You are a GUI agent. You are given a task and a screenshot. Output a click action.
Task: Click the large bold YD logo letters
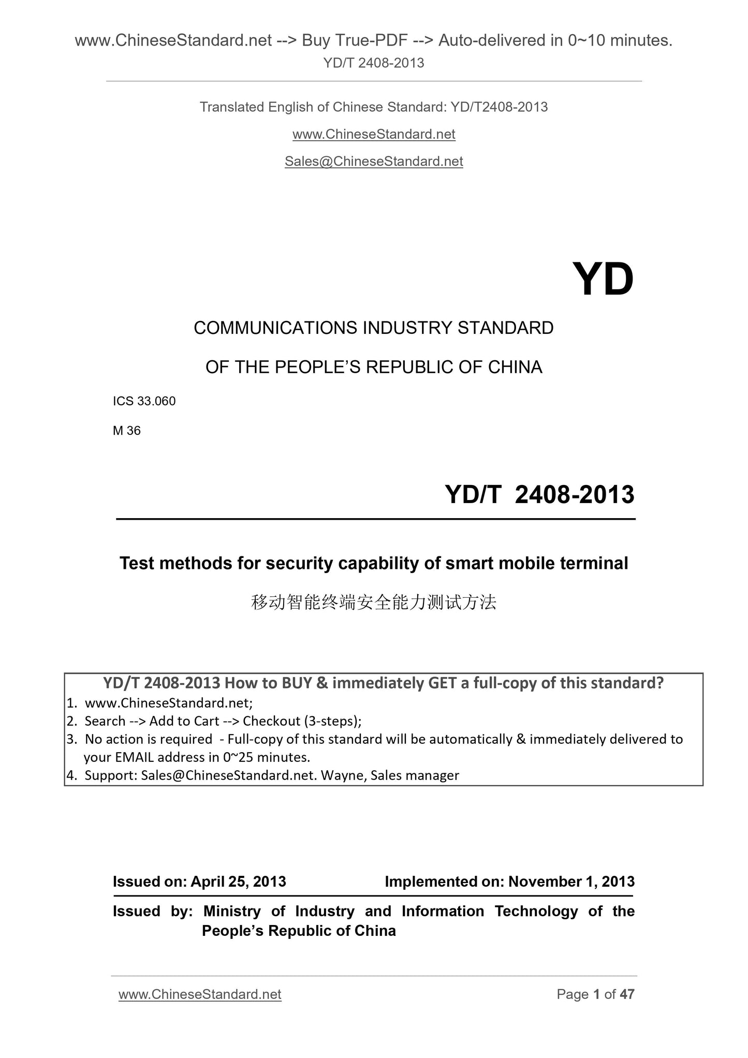coord(603,280)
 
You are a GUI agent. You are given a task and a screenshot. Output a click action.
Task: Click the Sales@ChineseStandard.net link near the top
coord(374,161)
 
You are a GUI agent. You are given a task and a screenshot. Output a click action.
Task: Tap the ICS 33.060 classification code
coord(144,401)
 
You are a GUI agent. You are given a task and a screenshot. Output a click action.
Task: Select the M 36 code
coord(127,431)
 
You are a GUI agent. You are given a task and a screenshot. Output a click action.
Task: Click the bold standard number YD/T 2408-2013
coord(539,494)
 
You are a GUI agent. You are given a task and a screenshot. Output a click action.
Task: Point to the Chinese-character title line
coord(374,602)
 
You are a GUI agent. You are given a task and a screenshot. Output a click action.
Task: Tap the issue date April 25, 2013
coord(238,881)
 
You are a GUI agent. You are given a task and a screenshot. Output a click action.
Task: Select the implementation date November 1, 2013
coord(571,881)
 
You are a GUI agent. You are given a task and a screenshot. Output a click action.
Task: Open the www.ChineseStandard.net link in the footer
coord(200,994)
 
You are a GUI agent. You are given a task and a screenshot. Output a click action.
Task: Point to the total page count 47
coord(627,994)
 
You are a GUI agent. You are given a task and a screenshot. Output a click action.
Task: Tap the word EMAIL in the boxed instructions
coord(134,757)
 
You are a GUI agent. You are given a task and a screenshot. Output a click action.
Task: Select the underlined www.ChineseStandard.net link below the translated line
coord(374,135)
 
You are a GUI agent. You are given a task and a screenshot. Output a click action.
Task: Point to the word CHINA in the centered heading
coord(515,367)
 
